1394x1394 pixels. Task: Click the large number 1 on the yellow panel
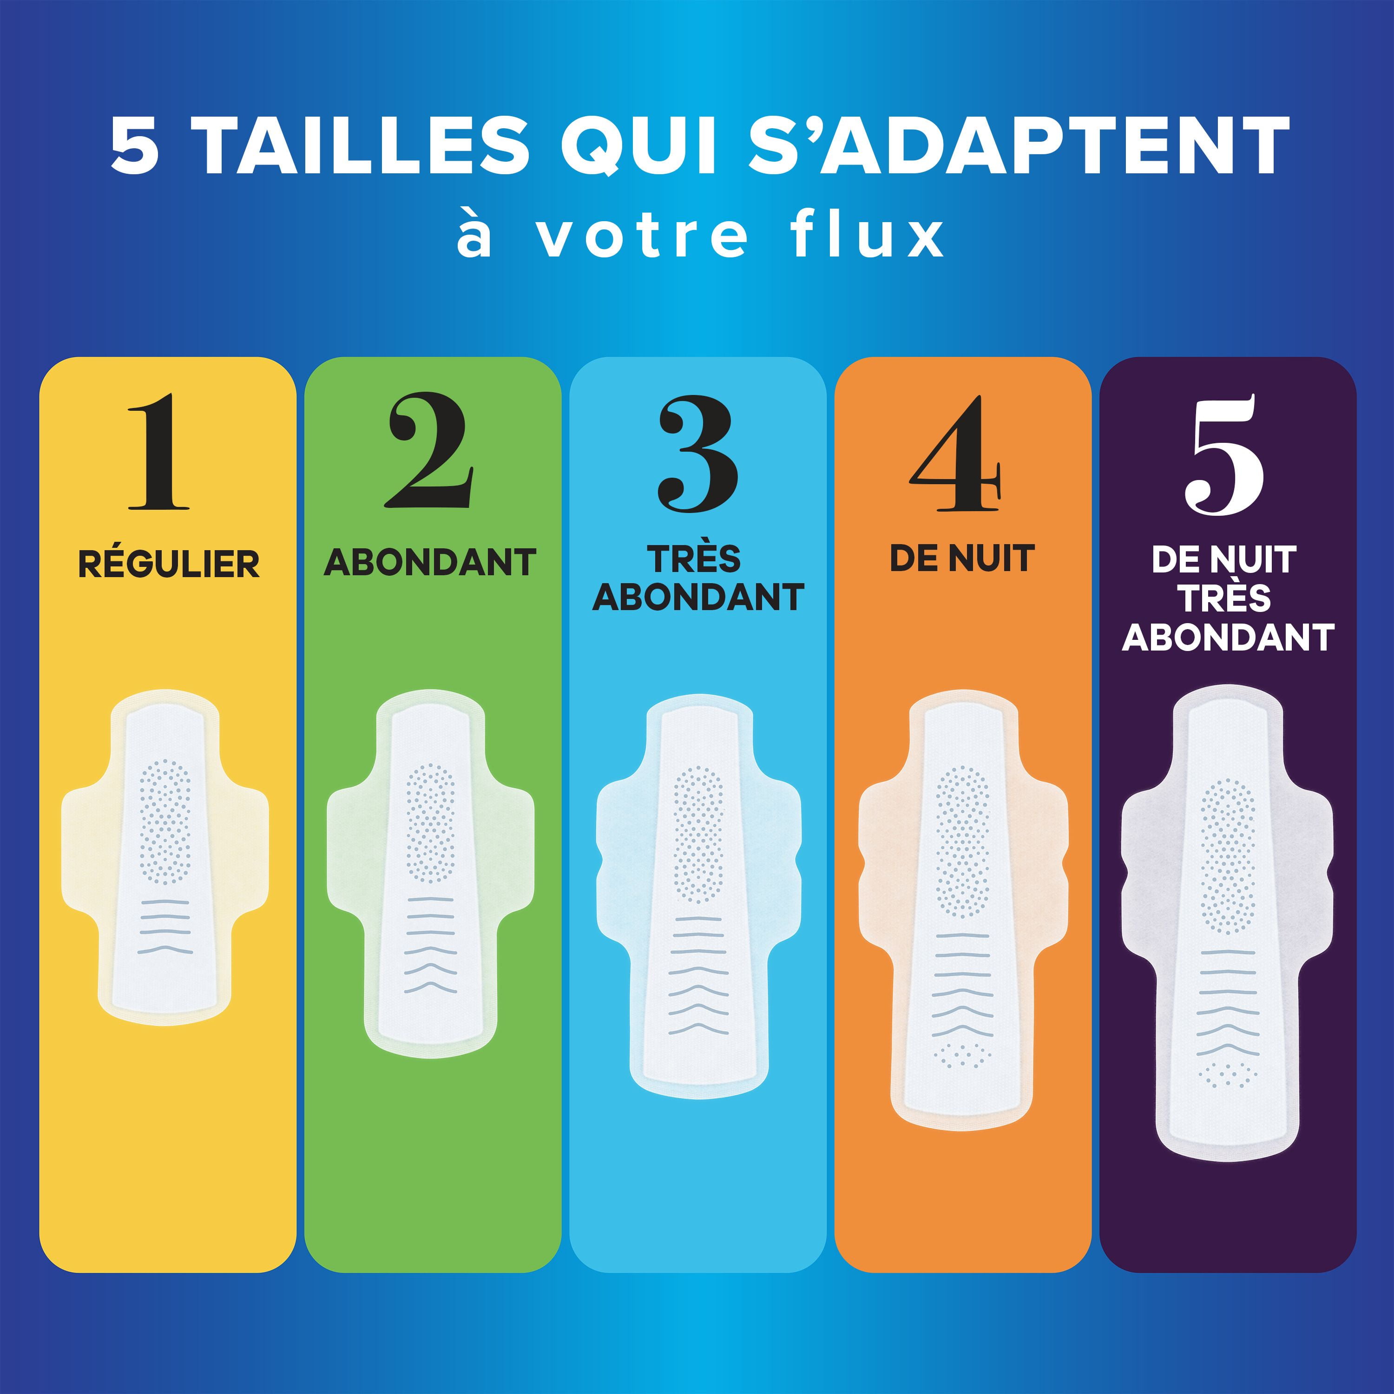click(x=159, y=453)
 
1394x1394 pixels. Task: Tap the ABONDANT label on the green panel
click(x=430, y=562)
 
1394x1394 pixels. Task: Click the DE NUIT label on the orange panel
click(x=962, y=559)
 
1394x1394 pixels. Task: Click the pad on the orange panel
click(x=962, y=912)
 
